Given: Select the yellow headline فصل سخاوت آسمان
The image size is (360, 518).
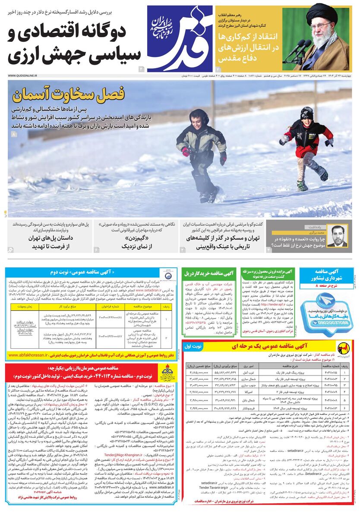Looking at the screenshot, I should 69,93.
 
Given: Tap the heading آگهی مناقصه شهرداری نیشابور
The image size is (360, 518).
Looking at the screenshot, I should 327,275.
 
